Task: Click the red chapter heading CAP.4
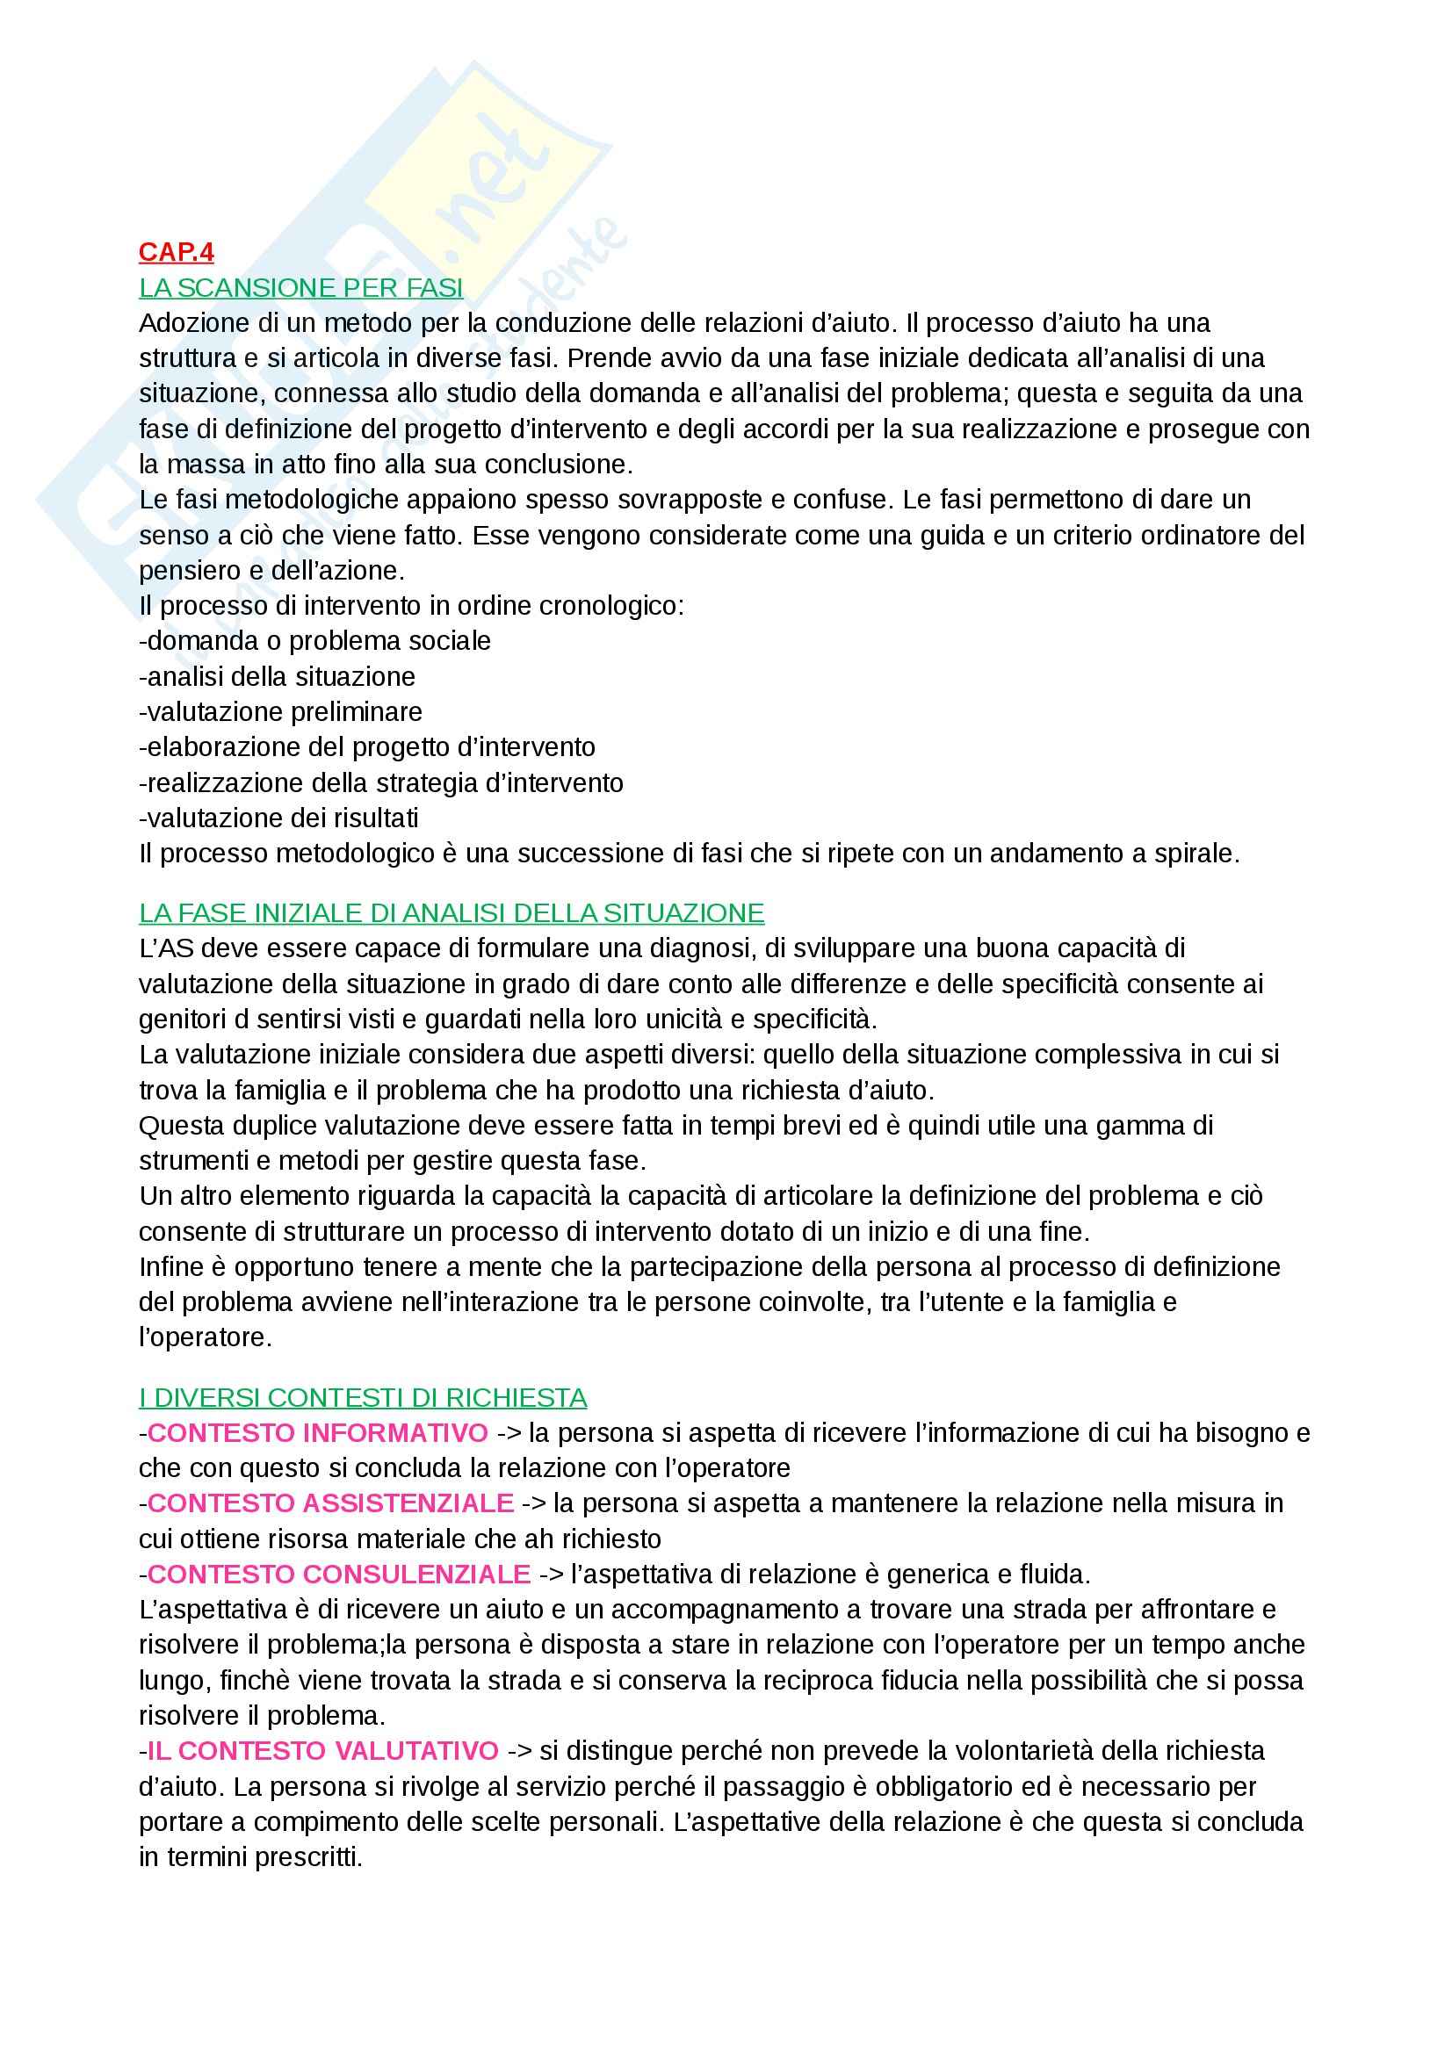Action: coord(177,253)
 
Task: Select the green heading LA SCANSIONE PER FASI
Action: coord(300,288)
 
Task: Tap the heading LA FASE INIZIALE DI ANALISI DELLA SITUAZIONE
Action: coord(451,912)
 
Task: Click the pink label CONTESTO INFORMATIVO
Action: coord(318,1433)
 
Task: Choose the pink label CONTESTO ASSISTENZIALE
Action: coord(330,1503)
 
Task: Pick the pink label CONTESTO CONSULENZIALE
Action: coord(338,1574)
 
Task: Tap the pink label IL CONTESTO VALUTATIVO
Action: coord(322,1750)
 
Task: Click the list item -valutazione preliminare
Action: coord(280,712)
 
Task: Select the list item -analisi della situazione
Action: coord(277,676)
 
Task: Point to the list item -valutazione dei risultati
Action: coord(278,818)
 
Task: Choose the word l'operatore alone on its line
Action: coord(205,1337)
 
